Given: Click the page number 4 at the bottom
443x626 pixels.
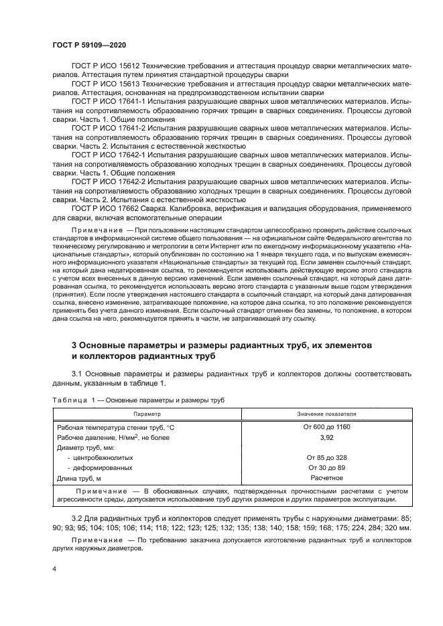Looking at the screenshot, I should [54, 568].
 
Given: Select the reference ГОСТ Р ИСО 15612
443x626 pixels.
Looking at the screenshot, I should [109, 66].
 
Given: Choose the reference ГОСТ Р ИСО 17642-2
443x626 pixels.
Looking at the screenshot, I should [113, 181].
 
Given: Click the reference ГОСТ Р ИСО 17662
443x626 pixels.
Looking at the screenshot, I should [109, 208].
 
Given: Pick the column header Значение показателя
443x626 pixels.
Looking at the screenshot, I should [326, 414].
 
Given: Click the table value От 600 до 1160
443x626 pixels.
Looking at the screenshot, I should [326, 427].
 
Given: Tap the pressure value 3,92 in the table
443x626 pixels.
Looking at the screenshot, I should [326, 437].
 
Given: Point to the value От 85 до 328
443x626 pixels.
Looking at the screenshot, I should [326, 457].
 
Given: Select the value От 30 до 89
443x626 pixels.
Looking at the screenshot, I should [326, 467].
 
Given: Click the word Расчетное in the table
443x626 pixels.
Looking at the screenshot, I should [326, 477].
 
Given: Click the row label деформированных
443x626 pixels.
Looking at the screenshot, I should [103, 468].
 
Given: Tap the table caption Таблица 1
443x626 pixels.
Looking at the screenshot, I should [74, 400].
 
